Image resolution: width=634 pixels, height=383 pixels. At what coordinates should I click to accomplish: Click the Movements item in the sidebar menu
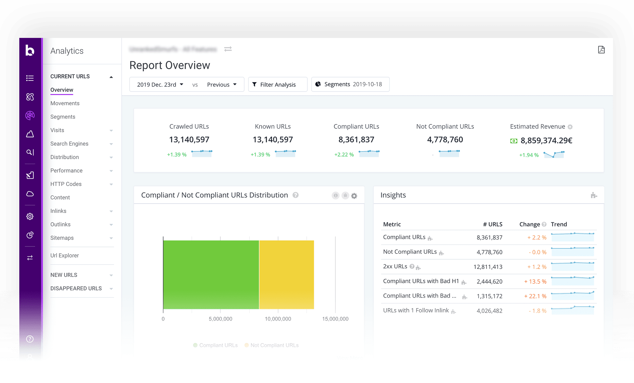point(65,103)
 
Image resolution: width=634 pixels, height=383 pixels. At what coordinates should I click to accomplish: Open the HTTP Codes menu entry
point(66,184)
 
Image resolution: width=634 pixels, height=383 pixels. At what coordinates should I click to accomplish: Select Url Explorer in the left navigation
point(64,256)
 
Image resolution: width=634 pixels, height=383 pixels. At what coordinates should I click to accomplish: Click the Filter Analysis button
point(278,85)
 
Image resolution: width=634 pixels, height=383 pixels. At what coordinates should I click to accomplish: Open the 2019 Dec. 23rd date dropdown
point(160,85)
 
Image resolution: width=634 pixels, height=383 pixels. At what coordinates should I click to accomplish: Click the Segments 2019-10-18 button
point(350,84)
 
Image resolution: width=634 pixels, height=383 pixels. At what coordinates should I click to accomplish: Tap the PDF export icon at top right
point(601,50)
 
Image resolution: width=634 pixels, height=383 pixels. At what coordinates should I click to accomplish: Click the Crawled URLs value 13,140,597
point(189,140)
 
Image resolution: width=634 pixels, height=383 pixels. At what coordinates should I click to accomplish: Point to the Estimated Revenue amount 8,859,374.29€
point(546,141)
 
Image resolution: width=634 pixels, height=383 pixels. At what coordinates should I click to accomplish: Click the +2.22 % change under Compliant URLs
point(344,155)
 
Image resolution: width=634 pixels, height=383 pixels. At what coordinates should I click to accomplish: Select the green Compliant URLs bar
point(211,275)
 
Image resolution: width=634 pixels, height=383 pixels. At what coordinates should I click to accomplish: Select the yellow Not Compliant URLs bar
point(286,275)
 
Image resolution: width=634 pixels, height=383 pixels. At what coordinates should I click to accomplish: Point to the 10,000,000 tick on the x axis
point(278,319)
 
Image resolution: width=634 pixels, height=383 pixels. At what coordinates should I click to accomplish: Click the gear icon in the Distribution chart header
point(354,196)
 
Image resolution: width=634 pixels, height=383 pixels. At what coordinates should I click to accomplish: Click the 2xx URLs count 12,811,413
point(488,267)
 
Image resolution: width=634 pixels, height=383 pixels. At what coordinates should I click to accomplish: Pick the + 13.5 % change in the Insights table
point(535,282)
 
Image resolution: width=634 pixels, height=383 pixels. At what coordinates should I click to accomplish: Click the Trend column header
point(558,225)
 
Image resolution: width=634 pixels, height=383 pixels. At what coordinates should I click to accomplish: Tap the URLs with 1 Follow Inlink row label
point(416,310)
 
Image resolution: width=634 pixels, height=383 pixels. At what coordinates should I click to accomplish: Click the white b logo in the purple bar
point(30,50)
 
